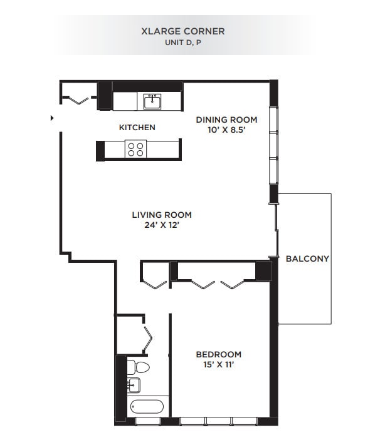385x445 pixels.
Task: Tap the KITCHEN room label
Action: tap(137, 128)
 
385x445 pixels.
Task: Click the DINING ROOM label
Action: tap(226, 120)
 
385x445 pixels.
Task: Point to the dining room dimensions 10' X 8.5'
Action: tap(226, 130)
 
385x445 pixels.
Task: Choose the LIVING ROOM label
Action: tap(161, 215)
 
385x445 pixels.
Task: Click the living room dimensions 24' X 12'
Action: tap(161, 225)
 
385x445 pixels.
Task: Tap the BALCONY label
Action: tap(307, 258)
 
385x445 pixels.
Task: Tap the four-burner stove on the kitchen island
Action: tap(135, 149)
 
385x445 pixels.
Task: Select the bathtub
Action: tap(147, 407)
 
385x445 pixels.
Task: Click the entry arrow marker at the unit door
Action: tap(52, 117)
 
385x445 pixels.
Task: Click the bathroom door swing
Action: tap(148, 339)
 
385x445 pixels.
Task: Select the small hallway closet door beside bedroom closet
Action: tap(154, 280)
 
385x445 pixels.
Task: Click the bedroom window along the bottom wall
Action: tap(219, 421)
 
